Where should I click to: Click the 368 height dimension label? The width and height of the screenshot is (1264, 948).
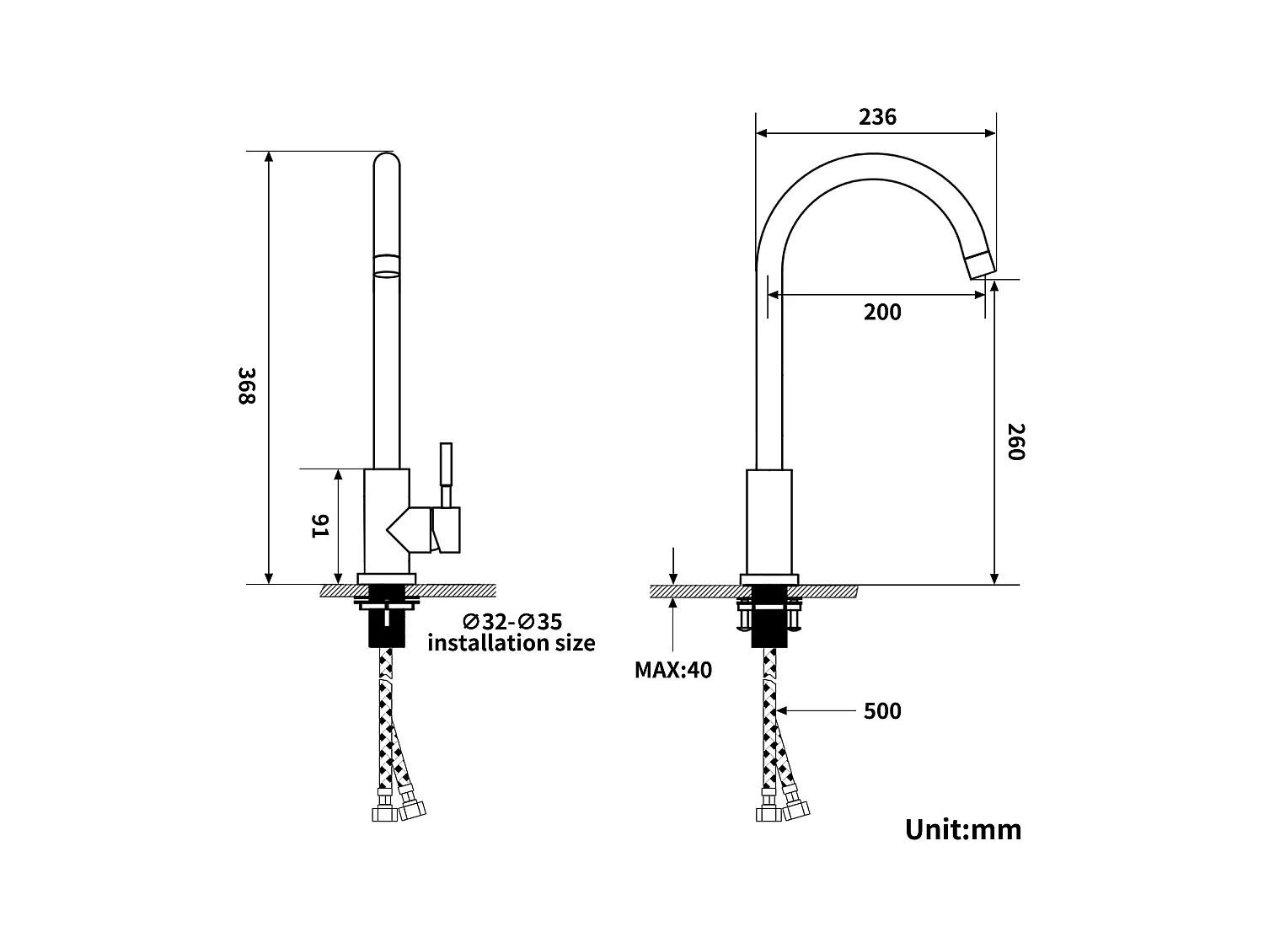[244, 385]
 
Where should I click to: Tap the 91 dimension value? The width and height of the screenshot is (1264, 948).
[320, 527]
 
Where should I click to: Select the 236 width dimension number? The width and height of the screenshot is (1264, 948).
[877, 117]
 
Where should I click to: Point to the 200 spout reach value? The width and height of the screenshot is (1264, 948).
[882, 313]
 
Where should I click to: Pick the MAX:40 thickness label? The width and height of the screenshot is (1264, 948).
[672, 670]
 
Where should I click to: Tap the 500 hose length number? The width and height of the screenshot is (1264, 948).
[882, 711]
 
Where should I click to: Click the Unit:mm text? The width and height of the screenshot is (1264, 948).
[963, 829]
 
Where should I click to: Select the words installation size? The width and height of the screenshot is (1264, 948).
[511, 643]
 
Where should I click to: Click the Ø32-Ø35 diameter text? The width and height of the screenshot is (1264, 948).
[511, 622]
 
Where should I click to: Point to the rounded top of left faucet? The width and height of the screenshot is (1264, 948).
[386, 162]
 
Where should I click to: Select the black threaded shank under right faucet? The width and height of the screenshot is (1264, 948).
[769, 624]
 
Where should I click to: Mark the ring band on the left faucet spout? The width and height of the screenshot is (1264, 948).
[386, 265]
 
